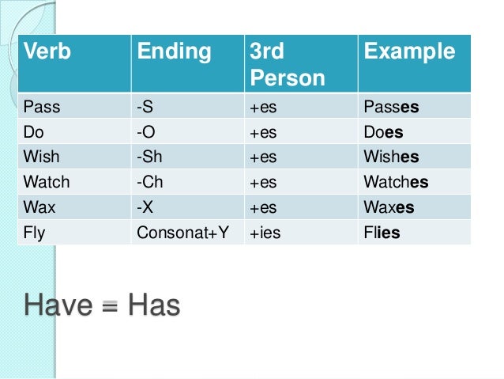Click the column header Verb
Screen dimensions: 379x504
[47, 53]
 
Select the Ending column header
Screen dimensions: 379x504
[175, 53]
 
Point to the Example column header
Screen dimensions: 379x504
[409, 53]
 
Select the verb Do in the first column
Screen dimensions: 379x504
[35, 132]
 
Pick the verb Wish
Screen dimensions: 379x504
[42, 157]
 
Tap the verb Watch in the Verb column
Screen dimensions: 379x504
[47, 182]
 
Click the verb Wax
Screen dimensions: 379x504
[40, 207]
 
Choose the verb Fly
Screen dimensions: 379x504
[36, 233]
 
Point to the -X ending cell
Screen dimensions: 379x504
[146, 207]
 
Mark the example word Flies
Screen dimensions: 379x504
[382, 233]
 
